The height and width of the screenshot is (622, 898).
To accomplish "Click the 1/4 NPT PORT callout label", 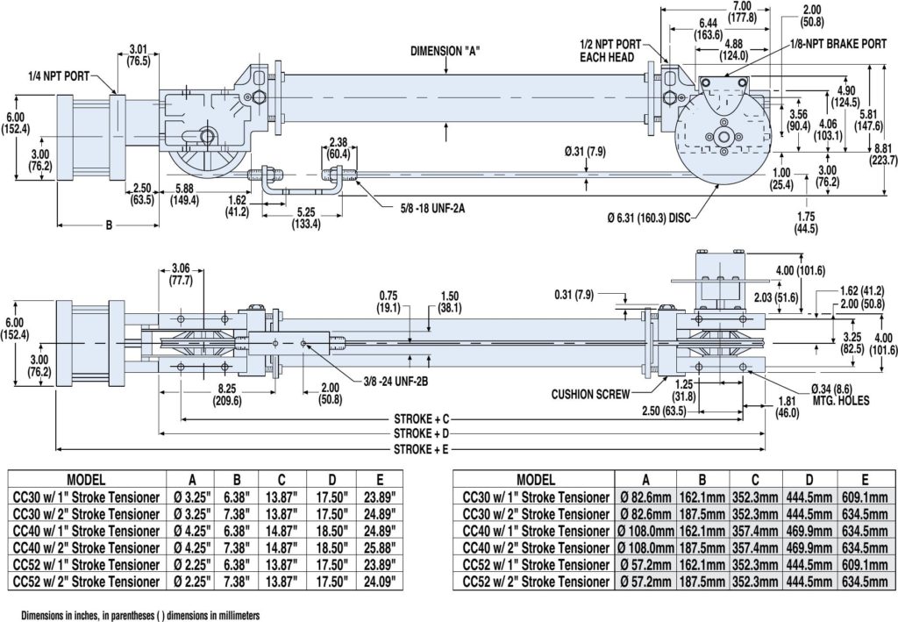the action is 59,75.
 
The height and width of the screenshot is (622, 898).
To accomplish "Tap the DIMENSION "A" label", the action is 445,51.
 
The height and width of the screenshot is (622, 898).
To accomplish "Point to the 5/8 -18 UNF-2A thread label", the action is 432,209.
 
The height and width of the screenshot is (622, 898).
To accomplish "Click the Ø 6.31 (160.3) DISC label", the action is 649,218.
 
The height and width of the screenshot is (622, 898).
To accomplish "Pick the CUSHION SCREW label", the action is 590,394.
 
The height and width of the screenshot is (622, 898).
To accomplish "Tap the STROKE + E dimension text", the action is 421,449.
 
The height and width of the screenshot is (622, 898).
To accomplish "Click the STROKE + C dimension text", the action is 421,418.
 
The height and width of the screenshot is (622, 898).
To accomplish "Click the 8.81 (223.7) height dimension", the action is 883,155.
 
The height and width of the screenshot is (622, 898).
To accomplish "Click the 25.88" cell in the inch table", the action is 380,548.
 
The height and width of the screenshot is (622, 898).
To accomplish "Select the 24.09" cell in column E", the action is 380,582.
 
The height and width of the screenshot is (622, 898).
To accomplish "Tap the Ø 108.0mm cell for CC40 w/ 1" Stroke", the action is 646,531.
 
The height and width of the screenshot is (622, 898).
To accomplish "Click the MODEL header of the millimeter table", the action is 536,480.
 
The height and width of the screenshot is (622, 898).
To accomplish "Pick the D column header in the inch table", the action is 332,480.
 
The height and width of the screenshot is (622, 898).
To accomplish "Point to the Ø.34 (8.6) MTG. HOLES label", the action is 841,395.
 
